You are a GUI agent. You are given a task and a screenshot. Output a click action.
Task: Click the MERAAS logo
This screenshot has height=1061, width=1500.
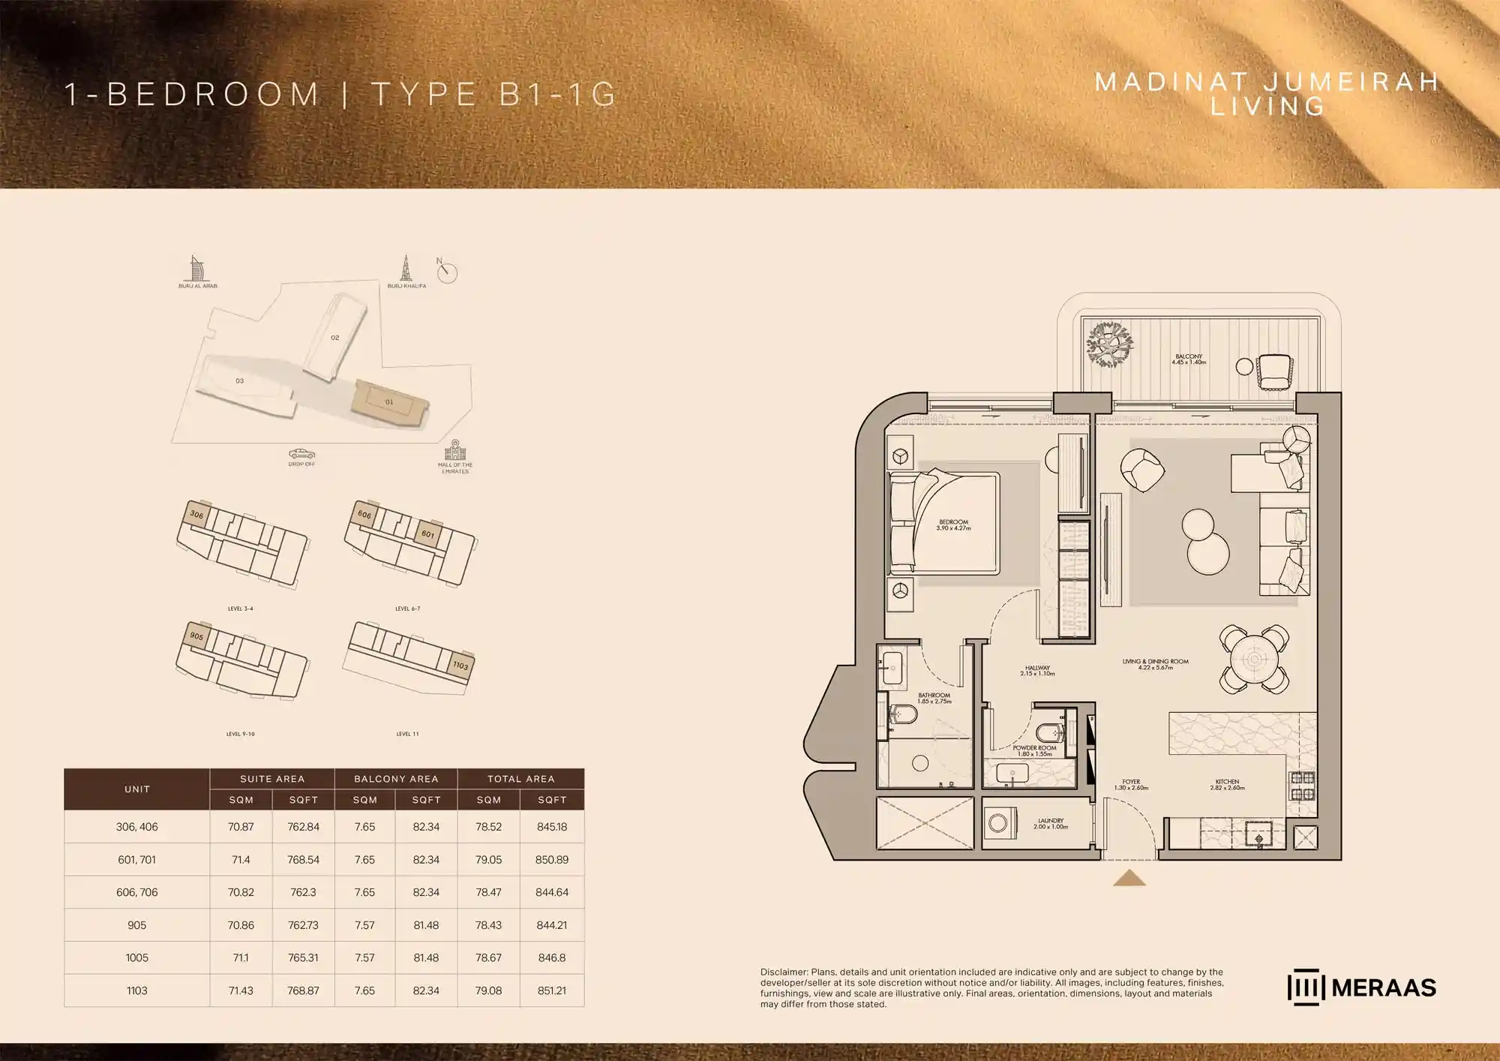coord(1361,987)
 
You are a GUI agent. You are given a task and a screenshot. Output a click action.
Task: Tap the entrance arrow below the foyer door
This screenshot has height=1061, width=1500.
coord(1129,878)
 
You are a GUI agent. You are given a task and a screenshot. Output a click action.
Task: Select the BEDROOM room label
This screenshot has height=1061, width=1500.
coord(953,524)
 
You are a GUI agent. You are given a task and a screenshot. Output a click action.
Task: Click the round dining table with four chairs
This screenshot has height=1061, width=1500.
coord(1254,660)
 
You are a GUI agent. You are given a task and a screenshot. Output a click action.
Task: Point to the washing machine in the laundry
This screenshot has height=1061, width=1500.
coord(999,822)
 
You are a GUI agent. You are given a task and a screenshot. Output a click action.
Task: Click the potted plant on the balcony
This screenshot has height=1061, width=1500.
coord(1109,345)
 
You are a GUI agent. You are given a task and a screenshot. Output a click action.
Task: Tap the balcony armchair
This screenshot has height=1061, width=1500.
coord(1274,371)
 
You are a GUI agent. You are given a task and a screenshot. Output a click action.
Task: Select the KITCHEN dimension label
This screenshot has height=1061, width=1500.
coord(1227,784)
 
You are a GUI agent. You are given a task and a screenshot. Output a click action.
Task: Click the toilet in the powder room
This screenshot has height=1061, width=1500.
coord(1047,732)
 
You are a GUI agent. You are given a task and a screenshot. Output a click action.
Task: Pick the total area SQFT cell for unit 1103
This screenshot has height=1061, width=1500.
coord(552,990)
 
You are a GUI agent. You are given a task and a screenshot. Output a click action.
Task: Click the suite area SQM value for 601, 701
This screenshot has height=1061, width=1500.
coord(241,860)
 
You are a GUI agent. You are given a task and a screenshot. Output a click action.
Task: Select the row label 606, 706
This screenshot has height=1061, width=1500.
coord(137,892)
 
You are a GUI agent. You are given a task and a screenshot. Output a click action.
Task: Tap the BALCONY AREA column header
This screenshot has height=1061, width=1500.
coord(396,779)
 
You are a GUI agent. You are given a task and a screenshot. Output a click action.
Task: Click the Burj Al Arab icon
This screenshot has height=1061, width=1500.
coord(196,269)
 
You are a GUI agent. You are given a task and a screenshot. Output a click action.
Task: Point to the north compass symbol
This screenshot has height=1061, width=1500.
coord(447,272)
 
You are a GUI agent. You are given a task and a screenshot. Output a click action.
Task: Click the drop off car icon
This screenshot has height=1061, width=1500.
coord(301,454)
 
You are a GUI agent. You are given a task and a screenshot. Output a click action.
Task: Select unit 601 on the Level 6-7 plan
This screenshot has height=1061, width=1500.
coord(428,534)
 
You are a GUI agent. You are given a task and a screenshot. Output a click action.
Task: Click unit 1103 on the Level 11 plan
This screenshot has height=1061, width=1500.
coord(460,665)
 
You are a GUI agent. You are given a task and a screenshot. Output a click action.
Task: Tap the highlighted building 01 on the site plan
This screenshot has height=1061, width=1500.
coord(389,402)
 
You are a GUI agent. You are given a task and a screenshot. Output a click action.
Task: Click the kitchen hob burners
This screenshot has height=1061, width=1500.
coord(1302,786)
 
